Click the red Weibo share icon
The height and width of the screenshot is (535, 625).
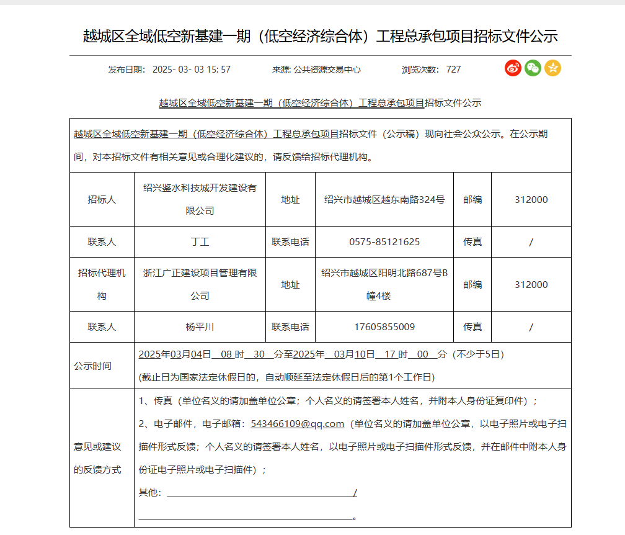coord(513,68)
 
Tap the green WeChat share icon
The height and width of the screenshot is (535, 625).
coord(533,68)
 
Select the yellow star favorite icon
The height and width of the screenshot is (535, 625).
coord(552,68)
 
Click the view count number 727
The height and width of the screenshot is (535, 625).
coord(453,70)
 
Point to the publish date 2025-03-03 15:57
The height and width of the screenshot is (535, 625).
coord(191,70)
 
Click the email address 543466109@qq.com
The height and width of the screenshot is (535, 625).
coord(297,424)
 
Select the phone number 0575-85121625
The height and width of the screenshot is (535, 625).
coord(384,242)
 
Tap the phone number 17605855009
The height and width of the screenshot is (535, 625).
coord(384,326)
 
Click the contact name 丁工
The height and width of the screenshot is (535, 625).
coord(200,242)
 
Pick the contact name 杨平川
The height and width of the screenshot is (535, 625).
coord(200,326)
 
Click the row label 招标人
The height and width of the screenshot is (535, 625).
coord(102,200)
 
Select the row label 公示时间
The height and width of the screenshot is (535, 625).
coord(92,366)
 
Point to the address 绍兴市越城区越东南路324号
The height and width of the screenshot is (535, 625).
coord(384,200)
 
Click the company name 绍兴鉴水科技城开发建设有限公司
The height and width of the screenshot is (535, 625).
coord(200,199)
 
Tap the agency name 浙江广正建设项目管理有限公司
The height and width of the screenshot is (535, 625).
coord(200,284)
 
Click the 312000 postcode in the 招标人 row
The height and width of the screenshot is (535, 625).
coord(531,200)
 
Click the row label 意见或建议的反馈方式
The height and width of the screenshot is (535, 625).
coord(97,458)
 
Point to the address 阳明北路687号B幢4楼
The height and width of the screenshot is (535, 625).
coord(384,284)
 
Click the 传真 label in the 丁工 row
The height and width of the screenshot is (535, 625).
coord(472,242)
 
